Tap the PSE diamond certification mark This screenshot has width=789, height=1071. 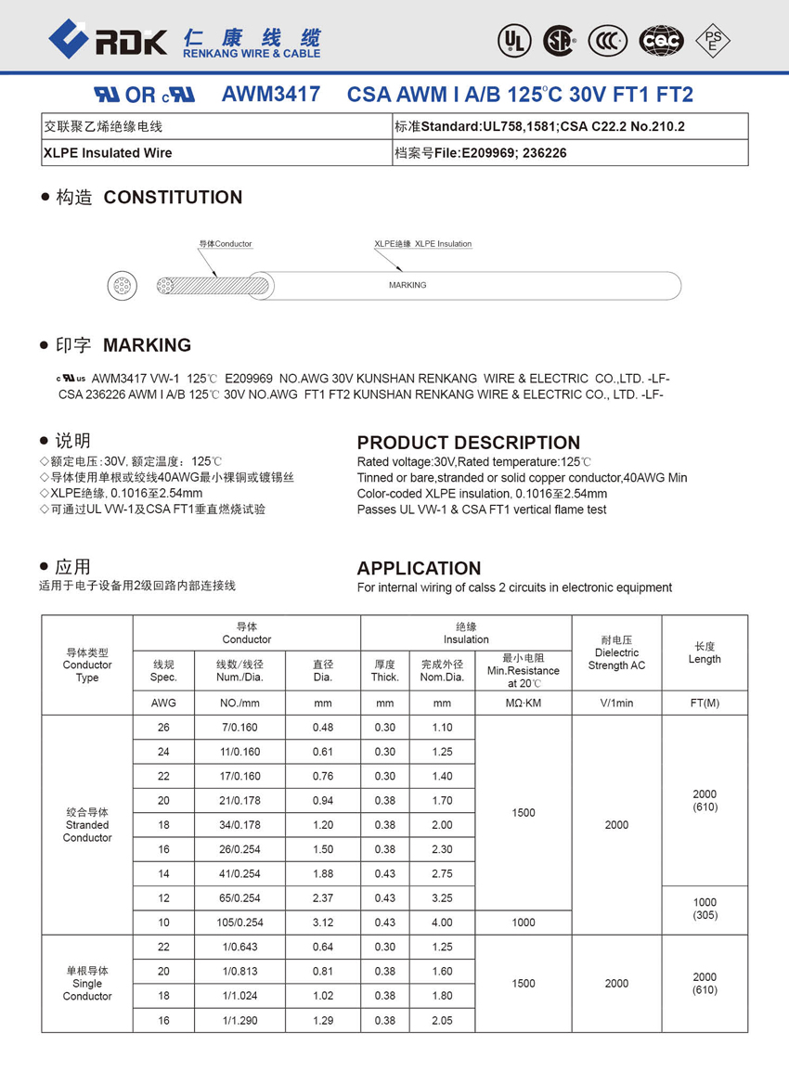[x=713, y=39]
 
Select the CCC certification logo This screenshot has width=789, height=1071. [x=608, y=39]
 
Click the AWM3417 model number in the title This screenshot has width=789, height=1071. [x=271, y=95]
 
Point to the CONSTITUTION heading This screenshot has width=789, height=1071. [x=173, y=197]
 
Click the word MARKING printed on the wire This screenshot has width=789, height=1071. [x=407, y=285]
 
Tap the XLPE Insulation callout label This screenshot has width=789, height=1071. [x=423, y=244]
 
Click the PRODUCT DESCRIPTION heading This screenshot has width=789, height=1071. [x=469, y=443]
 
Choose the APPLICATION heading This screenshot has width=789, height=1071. [x=419, y=568]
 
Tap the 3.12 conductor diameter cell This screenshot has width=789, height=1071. [x=323, y=923]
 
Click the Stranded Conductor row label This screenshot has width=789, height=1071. [x=87, y=825]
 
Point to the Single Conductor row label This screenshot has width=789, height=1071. [x=87, y=984]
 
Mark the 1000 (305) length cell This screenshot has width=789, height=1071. [x=705, y=909]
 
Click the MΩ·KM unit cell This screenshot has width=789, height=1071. [x=524, y=703]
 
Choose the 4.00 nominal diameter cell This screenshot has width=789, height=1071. [x=442, y=923]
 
